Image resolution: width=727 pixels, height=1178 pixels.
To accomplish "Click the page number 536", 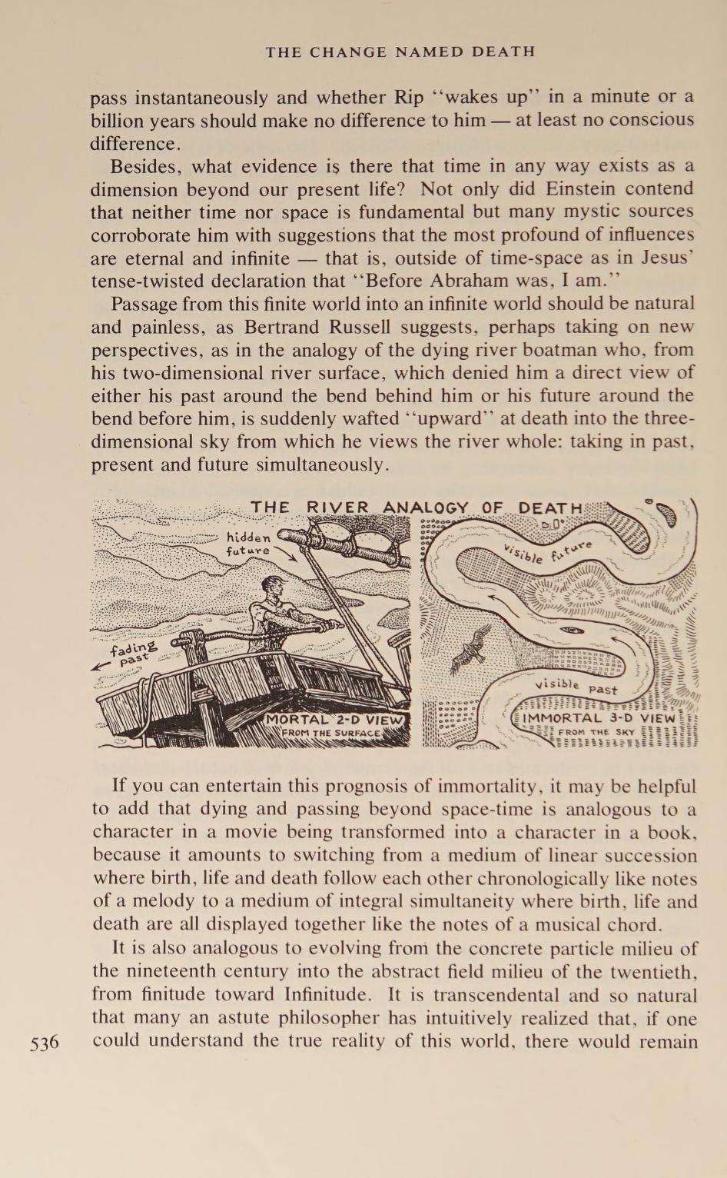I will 45,1043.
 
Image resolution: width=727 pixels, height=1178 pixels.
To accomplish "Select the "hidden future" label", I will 248,544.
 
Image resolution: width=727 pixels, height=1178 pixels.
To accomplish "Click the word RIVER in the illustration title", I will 338,508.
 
